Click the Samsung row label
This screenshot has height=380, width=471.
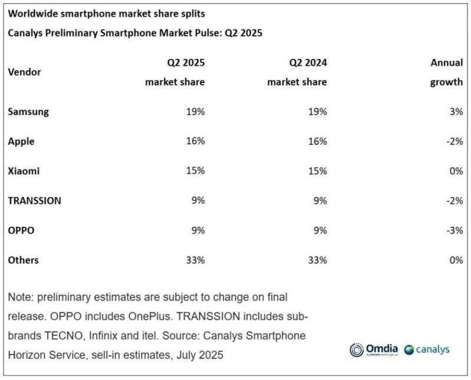[x=28, y=111]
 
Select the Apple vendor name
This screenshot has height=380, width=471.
[x=21, y=141]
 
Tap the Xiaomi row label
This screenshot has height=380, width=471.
[x=24, y=171]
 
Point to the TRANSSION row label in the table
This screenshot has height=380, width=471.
[x=34, y=200]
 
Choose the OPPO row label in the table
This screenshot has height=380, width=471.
[x=21, y=230]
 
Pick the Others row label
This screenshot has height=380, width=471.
[x=24, y=260]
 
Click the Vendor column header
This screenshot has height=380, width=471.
[x=24, y=72]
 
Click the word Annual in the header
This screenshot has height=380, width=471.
[x=447, y=62]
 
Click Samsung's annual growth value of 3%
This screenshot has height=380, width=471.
[x=455, y=111]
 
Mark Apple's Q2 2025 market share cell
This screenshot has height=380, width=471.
[x=195, y=141]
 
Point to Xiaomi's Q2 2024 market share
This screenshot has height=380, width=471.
[x=317, y=171]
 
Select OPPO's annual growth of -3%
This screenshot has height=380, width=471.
[x=454, y=230]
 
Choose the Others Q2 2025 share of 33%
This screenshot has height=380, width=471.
[x=195, y=260]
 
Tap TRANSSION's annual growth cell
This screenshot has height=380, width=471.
[x=454, y=200]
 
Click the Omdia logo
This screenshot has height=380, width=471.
[x=374, y=349]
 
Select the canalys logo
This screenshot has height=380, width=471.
[x=427, y=349]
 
